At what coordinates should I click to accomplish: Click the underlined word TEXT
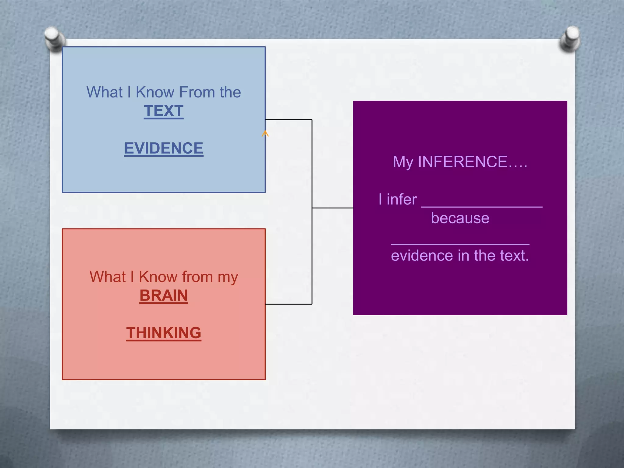tap(164, 111)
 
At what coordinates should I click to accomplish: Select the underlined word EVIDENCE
tap(164, 148)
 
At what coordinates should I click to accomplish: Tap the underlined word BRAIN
tap(164, 295)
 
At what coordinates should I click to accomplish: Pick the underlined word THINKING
tap(164, 333)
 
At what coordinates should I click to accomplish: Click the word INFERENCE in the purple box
tap(463, 162)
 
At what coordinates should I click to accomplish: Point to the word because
tap(460, 218)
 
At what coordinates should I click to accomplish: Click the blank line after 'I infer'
tap(482, 206)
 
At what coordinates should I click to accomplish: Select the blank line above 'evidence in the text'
tap(460, 243)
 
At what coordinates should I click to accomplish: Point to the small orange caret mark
tap(265, 133)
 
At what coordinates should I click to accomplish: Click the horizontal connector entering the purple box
tap(333, 208)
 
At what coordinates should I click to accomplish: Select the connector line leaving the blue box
tap(288, 120)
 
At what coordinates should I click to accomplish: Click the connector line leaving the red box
tap(288, 304)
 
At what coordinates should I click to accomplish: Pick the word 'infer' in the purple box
tap(402, 200)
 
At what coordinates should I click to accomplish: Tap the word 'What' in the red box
tap(108, 277)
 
